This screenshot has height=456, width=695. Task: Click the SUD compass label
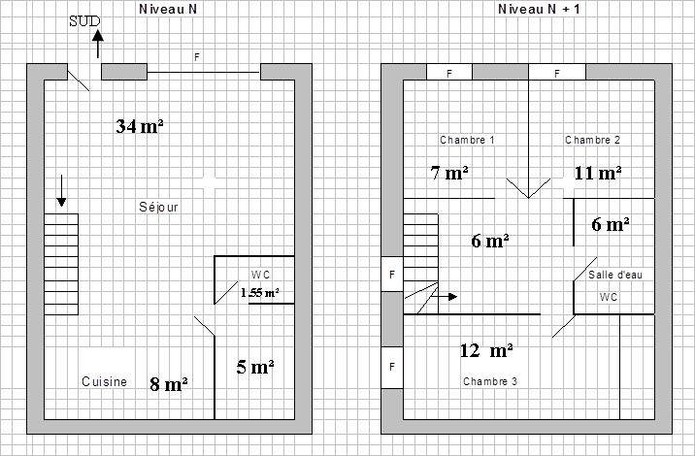pos(84,21)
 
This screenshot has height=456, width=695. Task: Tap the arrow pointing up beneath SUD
pos(98,44)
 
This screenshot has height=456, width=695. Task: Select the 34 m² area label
pos(140,126)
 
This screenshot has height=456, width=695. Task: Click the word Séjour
pos(158,207)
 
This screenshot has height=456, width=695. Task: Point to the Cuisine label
pos(104,381)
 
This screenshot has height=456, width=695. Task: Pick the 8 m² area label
pos(169,384)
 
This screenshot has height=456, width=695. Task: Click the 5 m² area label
pos(255,367)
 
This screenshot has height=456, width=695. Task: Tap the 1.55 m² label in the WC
pos(260,293)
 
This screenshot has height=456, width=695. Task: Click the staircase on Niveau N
pos(61,265)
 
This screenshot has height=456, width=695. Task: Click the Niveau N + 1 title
pos(539,9)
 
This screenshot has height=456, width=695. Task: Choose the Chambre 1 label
pos(467,140)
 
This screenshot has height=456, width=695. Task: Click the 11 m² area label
pos(598,174)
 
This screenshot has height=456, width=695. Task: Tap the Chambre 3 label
pos(490,381)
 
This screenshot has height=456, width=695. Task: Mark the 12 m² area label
pos(486,350)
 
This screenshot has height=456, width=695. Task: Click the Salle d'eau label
pos(615,275)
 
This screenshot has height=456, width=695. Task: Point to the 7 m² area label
pos(449,173)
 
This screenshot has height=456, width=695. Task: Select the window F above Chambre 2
pos(557,72)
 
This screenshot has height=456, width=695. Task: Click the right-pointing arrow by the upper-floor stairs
pos(445,297)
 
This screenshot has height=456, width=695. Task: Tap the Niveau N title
pos(168,9)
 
